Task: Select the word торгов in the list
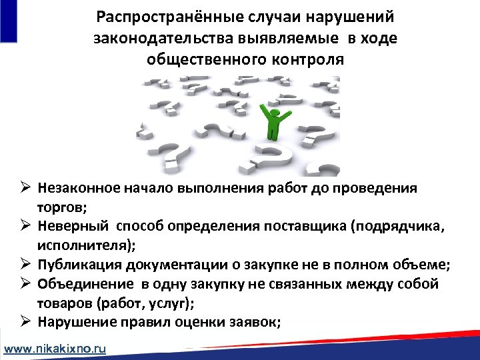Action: coord(59,207)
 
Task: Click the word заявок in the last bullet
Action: coord(256,323)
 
